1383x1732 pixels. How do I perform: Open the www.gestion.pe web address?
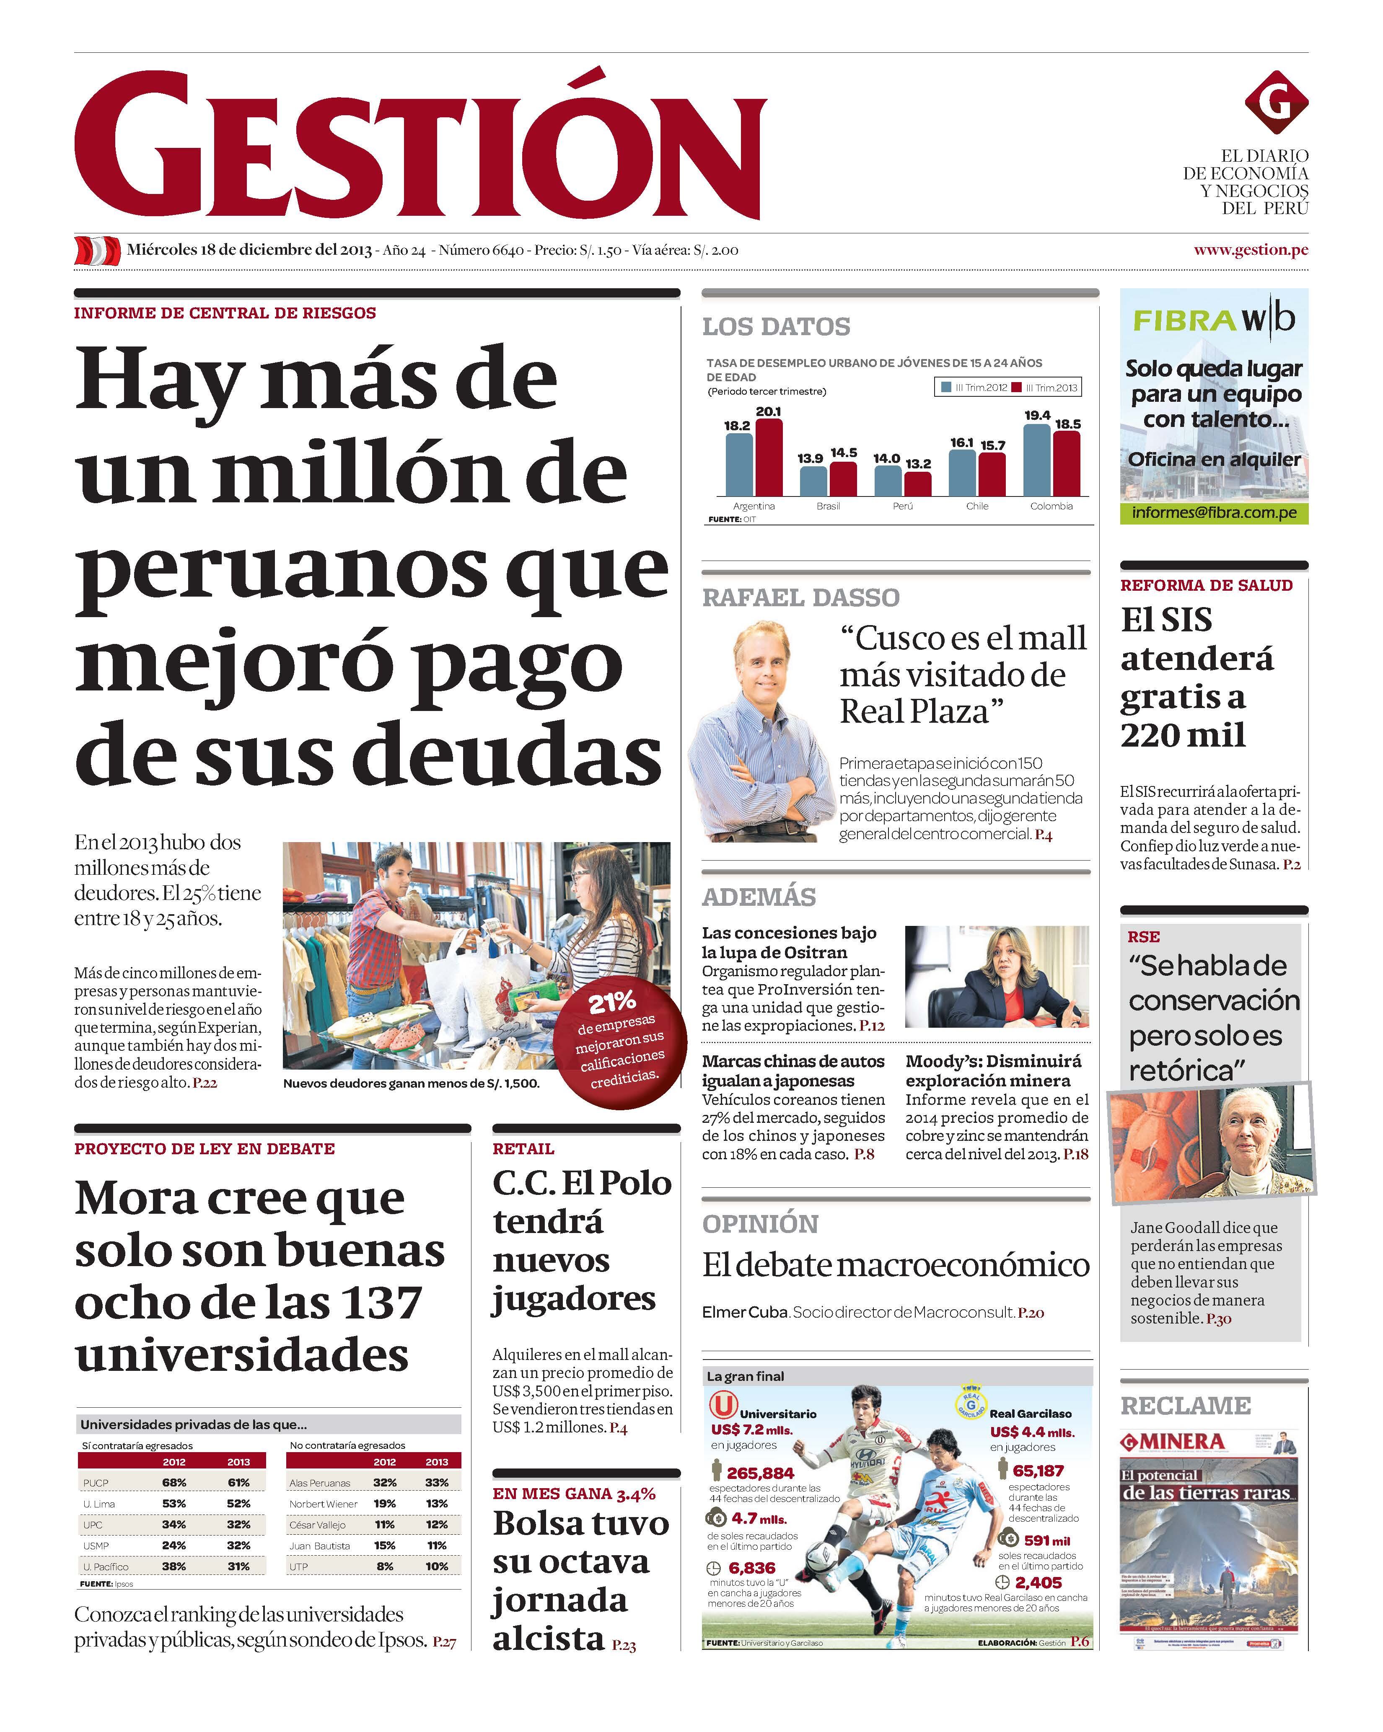pos(1251,250)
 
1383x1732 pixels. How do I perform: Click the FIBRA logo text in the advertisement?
pos(1184,321)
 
